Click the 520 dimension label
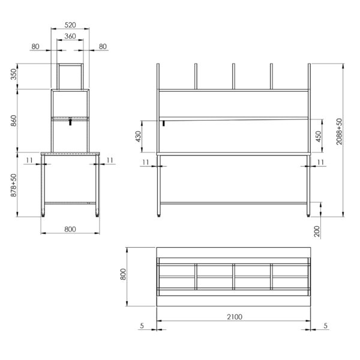click(70, 25)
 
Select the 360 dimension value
click(70, 36)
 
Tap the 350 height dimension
click(14, 74)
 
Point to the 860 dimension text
click(14, 121)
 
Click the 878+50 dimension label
click(14, 185)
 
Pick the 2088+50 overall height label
click(339, 131)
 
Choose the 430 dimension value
click(138, 136)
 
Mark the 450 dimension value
click(319, 136)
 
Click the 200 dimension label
click(317, 232)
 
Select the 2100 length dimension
click(235, 317)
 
